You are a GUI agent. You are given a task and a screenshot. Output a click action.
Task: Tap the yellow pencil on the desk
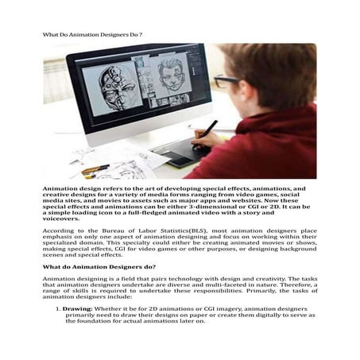pos(95,169)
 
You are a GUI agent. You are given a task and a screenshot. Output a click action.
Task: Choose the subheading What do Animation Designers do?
pos(99,267)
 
